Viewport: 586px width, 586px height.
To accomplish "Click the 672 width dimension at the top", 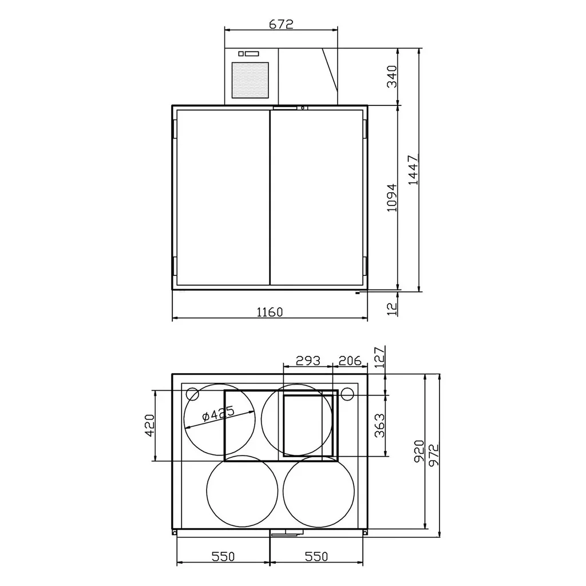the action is coord(281,24).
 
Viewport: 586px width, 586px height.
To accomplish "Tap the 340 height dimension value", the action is coord(391,77).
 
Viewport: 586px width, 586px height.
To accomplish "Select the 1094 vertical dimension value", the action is coord(391,197).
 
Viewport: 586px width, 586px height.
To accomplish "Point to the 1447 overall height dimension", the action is coord(414,169).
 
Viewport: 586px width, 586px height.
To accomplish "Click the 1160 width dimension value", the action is coord(270,312).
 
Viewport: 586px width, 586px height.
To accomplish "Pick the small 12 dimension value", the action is coord(391,309).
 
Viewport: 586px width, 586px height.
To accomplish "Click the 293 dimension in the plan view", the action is coord(308,361).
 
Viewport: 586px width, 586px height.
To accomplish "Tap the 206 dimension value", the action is coord(350,361).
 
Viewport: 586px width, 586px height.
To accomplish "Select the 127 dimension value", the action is coord(379,357).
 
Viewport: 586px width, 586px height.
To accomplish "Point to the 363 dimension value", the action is coord(379,425).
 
